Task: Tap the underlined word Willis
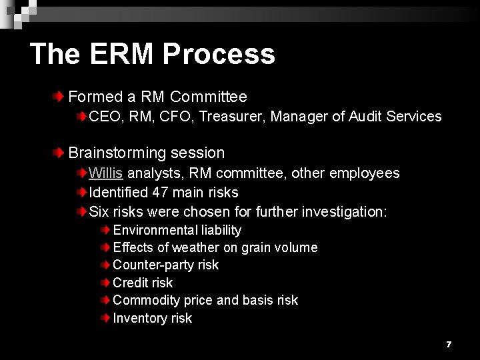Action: click(105, 173)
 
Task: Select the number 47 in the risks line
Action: click(160, 193)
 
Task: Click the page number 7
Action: click(449, 344)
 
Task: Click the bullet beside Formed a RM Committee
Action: click(60, 97)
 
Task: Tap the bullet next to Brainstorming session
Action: click(60, 153)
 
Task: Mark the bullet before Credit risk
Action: click(106, 283)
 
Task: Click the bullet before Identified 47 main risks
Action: click(81, 193)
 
